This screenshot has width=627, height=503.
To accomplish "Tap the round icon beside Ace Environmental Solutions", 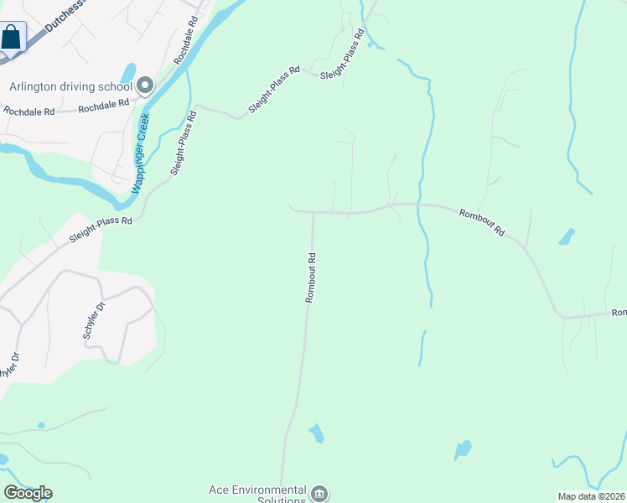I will click(x=320, y=493).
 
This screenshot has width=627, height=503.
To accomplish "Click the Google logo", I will click(x=28, y=493).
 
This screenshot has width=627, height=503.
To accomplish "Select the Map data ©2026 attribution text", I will click(x=592, y=496).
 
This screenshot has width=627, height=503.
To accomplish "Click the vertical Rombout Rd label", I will click(x=310, y=277).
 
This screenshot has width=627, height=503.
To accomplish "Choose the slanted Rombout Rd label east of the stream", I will click(x=483, y=223).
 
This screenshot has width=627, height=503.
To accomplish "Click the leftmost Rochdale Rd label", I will click(x=28, y=110).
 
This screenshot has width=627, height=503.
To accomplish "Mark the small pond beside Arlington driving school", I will click(x=128, y=73).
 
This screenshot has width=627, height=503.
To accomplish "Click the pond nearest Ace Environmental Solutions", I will click(x=317, y=433).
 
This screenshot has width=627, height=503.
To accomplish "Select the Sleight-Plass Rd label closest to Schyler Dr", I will click(x=101, y=231).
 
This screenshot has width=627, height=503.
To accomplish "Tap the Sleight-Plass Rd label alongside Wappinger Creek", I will click(x=184, y=143).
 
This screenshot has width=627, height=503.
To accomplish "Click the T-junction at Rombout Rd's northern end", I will click(x=313, y=213).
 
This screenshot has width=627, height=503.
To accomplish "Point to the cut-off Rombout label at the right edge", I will click(x=619, y=313).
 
